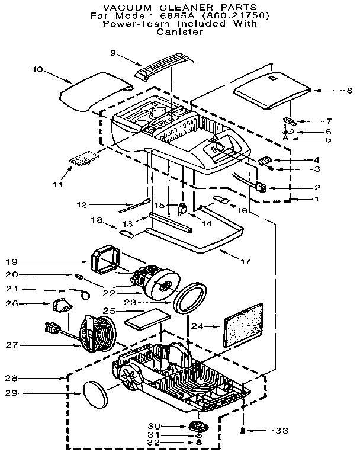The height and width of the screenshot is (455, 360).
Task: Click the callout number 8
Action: coord(333,91)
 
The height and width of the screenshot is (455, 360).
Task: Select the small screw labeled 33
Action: coord(243,431)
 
